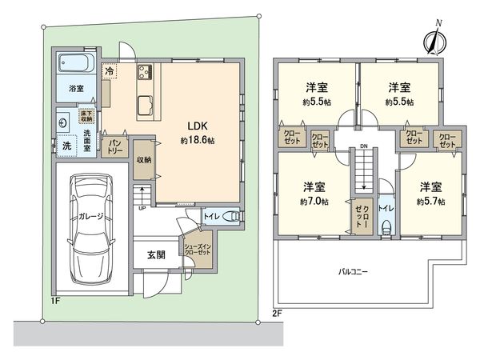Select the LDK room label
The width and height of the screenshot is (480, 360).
[x=199, y=126]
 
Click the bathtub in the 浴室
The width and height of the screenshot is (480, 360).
[x=77, y=62]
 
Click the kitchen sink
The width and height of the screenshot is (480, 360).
[x=145, y=104]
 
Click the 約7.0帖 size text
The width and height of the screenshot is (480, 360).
[x=312, y=202]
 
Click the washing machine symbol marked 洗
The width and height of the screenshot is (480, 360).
[x=68, y=146]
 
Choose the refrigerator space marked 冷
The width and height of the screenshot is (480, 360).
[x=110, y=70]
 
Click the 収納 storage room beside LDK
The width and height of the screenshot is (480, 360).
[x=144, y=159]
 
